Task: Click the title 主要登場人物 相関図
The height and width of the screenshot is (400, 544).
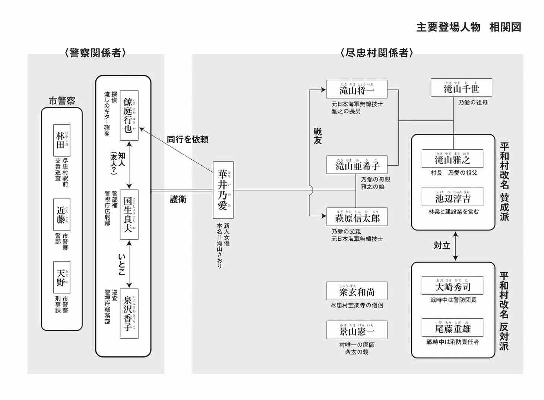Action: pos(468,27)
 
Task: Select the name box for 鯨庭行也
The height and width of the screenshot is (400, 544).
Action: pos(129,115)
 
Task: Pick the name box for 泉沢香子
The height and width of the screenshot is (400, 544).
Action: pos(129,313)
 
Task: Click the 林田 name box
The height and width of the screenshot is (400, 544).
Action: pos(61,140)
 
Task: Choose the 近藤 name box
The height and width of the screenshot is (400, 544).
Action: pos(61,215)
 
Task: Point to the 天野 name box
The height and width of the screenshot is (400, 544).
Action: pos(61,277)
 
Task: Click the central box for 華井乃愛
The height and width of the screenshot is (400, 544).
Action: pos(223,190)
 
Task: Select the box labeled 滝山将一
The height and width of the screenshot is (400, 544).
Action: pos(357,90)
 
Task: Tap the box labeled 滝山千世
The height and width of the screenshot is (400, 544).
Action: pos(461,88)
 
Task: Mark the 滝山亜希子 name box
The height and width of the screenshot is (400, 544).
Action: pos(357,165)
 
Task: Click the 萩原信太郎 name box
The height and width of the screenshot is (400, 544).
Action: pos(357,217)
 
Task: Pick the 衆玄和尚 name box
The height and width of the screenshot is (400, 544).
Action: pos(357,291)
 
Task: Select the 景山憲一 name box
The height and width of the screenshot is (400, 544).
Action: pos(357,330)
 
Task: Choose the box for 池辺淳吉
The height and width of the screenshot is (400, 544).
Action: pos(452,197)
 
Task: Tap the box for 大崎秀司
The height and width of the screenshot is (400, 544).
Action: pos(452,286)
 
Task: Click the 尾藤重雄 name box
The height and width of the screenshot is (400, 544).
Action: pos(452,328)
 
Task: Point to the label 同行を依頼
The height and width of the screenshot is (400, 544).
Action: pos(187,140)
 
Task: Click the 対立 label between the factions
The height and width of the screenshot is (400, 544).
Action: pos(442,245)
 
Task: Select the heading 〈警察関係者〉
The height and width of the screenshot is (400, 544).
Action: pos(95,53)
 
